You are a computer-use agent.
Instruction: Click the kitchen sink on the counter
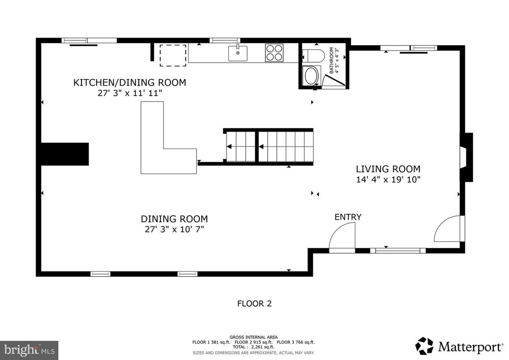[238, 53]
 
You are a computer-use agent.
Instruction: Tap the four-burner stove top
[274, 52]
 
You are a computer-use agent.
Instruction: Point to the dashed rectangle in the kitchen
[173, 55]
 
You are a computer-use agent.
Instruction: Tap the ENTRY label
[348, 217]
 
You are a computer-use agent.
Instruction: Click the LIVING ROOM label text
[388, 169]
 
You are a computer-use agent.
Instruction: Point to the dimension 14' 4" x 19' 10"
[388, 180]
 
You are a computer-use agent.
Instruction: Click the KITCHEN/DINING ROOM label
[129, 82]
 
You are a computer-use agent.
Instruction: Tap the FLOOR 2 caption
[254, 304]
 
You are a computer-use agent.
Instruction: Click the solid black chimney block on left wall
[64, 154]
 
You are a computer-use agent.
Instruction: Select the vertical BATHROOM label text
[332, 60]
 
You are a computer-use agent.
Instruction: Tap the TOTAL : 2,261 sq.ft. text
[253, 347]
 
